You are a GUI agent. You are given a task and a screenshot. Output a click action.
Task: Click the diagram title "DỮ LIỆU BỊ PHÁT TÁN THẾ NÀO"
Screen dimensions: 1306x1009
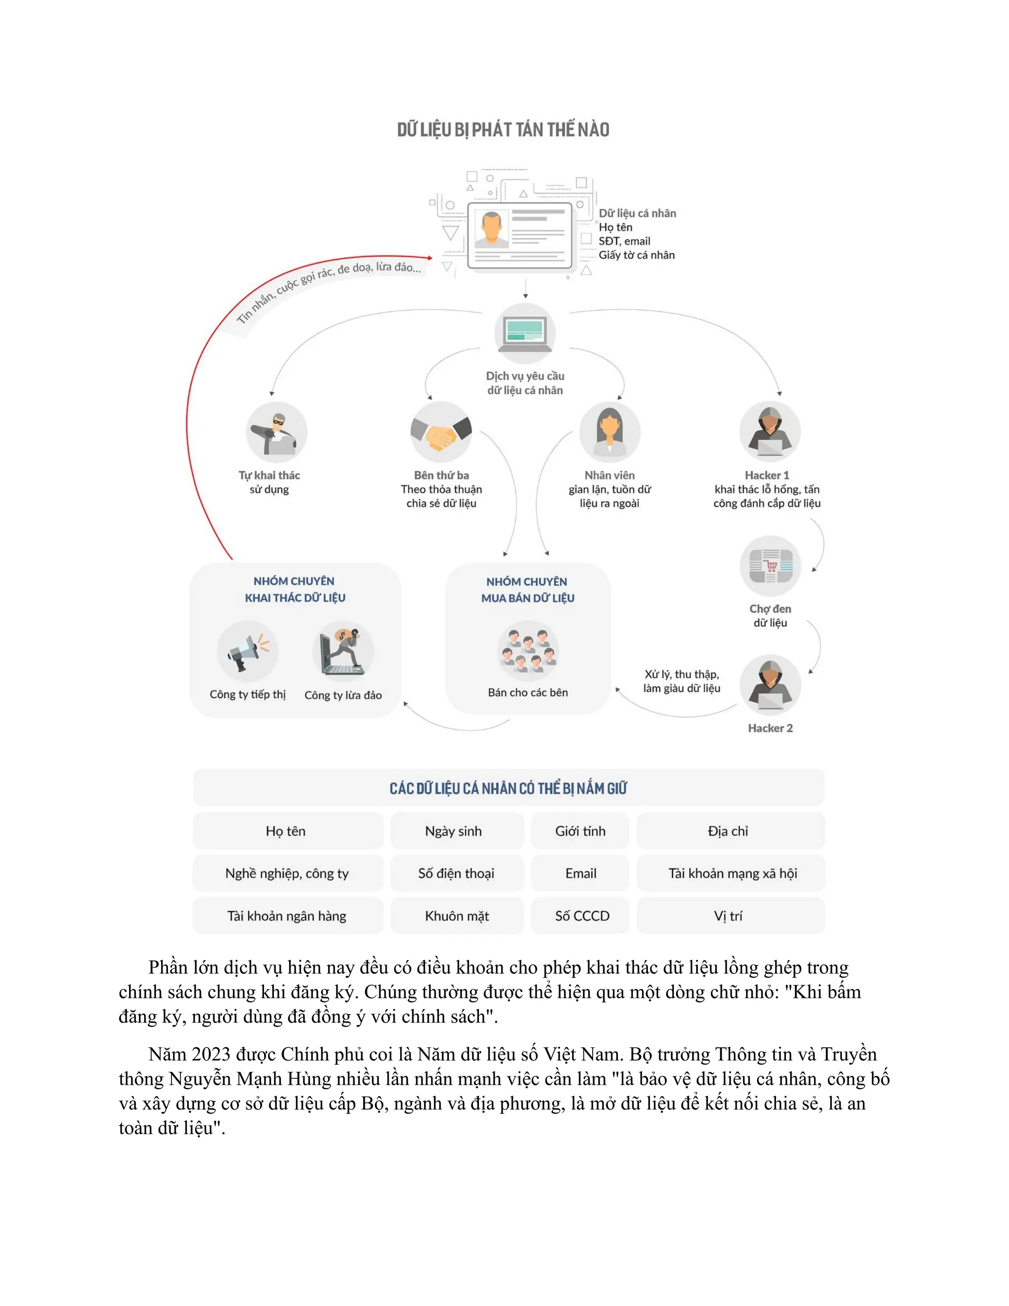(504, 130)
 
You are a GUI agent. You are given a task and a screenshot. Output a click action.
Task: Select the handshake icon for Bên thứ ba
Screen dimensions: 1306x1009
(441, 432)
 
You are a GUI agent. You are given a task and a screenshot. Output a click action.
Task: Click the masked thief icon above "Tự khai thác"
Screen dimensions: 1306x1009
(276, 432)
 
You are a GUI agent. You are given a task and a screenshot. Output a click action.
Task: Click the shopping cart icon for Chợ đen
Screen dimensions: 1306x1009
(771, 566)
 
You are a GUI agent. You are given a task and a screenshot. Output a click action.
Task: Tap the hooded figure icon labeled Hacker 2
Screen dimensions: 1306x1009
(771, 685)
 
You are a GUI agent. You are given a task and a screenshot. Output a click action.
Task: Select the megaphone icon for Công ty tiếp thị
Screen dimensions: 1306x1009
(247, 651)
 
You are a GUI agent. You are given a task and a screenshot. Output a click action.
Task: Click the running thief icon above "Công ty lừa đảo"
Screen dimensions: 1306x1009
(342, 651)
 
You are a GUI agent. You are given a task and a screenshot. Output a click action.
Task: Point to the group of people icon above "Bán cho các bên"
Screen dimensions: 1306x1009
(528, 651)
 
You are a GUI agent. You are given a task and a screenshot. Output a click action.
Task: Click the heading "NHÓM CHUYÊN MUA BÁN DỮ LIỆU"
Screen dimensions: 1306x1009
(527, 589)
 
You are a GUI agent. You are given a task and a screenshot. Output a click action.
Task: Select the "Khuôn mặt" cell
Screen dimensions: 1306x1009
(457, 916)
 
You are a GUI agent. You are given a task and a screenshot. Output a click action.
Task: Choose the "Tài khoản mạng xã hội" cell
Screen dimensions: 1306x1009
(732, 873)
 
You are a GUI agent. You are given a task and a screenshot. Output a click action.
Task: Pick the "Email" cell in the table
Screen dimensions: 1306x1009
(580, 873)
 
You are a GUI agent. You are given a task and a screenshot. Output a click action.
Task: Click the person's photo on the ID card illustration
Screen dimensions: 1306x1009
(491, 229)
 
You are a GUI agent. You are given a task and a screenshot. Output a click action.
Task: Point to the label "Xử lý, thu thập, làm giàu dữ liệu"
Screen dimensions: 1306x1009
(681, 681)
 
